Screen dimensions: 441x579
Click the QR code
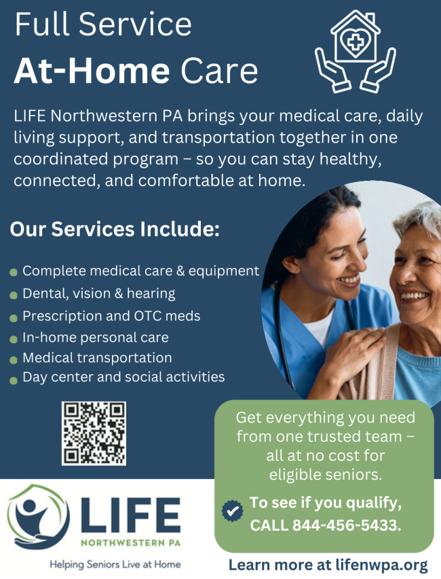[94, 433]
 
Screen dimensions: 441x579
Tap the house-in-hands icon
[355, 52]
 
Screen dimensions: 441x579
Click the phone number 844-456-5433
[347, 525]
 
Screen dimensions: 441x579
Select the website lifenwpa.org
[381, 565]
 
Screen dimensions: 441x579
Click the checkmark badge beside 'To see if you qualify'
[232, 511]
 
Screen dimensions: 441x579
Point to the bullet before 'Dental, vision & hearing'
[14, 295]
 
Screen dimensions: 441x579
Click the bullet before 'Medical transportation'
[14, 359]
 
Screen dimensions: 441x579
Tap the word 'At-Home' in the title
[92, 71]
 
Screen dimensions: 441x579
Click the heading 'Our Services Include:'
[115, 229]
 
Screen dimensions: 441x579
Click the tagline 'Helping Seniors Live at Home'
[115, 565]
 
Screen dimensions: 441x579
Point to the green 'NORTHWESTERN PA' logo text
[131, 543]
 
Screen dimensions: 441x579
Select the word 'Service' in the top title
[135, 24]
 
